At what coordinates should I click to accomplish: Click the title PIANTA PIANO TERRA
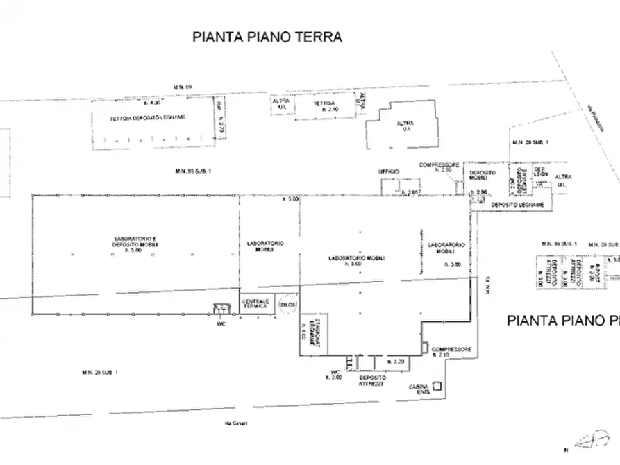(x=267, y=37)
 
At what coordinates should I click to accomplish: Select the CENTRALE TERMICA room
(x=255, y=303)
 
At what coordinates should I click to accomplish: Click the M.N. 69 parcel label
(x=183, y=87)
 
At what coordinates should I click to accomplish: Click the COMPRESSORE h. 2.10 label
(x=451, y=351)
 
